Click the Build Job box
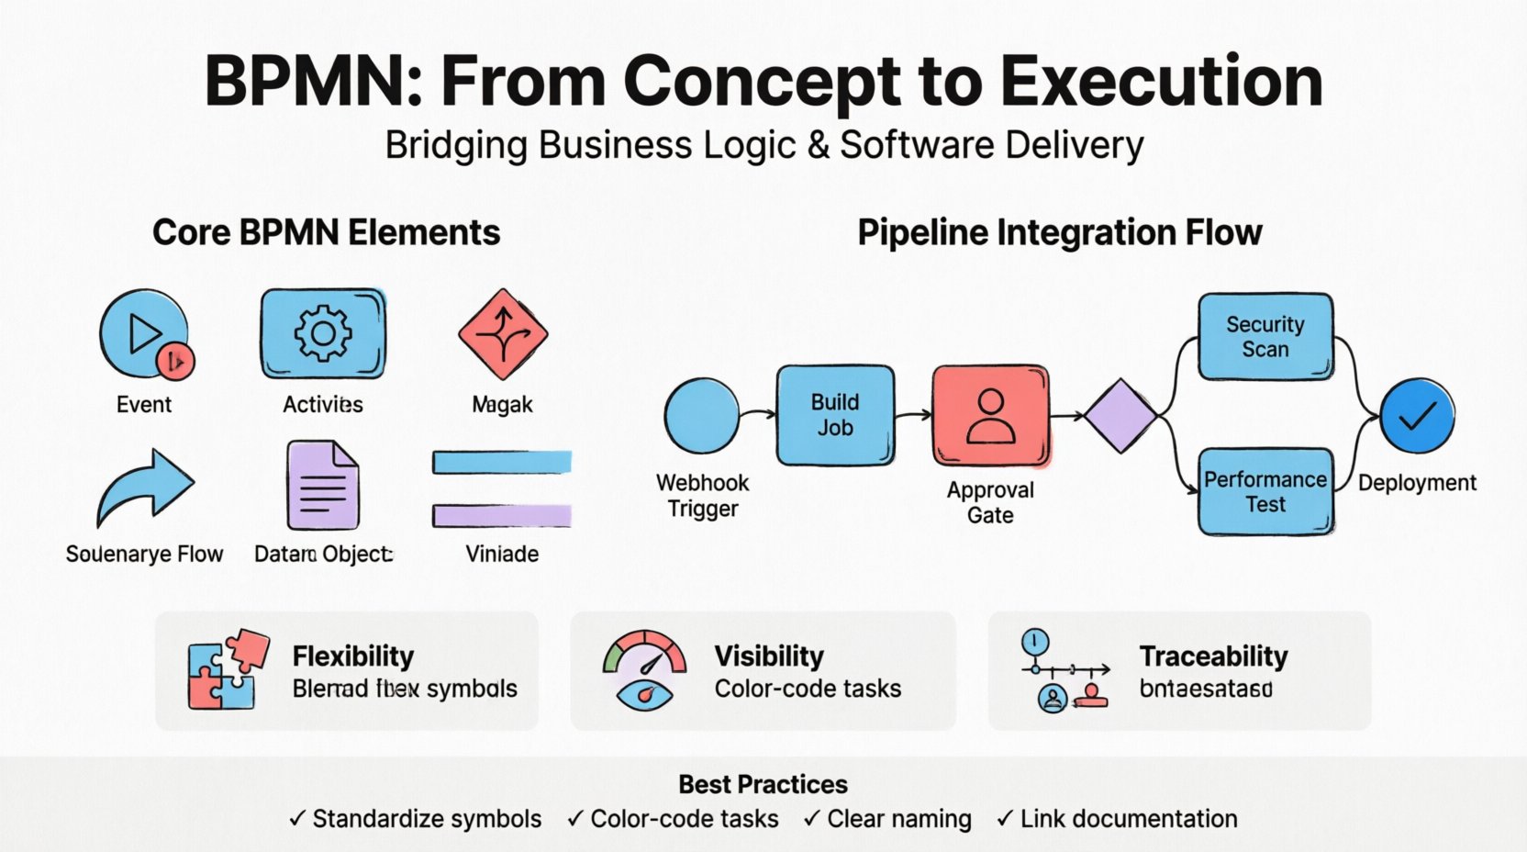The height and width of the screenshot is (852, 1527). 835,415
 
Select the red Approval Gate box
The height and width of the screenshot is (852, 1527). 990,416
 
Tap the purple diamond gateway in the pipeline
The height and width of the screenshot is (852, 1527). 1120,416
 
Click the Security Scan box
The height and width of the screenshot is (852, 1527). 1265,337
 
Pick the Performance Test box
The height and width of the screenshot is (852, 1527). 1265,491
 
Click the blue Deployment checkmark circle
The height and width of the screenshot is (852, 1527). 1417,416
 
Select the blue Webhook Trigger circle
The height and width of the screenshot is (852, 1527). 702,416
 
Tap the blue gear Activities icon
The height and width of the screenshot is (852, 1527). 323,332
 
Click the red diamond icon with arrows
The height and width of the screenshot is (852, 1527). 502,334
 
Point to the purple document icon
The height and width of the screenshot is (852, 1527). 322,485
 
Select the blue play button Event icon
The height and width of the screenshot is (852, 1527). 145,334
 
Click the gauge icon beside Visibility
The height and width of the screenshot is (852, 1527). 644,670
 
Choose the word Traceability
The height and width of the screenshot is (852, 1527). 1213,656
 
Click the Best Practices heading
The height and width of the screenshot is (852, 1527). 763,784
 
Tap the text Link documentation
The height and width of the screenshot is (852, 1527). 1128,819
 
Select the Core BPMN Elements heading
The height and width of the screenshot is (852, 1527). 326,232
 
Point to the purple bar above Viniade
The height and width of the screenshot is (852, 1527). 502,516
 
